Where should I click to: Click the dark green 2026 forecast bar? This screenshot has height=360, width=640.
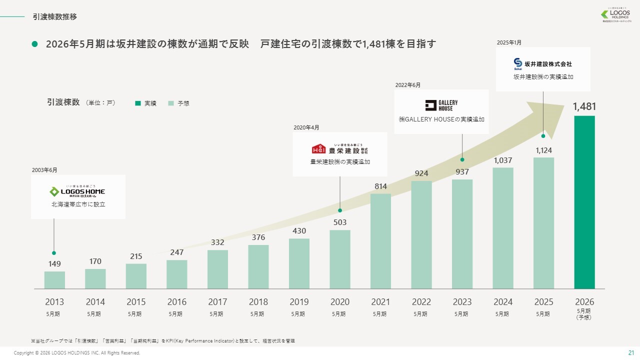[x=584, y=202]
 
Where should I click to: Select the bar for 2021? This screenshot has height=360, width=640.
[x=380, y=241]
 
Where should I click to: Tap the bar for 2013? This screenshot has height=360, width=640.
[x=54, y=280]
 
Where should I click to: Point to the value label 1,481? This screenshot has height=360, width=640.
[x=584, y=106]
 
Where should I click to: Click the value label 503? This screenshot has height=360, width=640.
[x=340, y=222]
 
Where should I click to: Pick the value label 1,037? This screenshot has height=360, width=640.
[x=503, y=160]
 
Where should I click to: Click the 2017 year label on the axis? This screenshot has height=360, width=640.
[x=217, y=302]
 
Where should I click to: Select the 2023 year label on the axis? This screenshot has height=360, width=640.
[x=462, y=302]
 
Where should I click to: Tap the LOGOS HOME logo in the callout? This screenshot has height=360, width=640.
[x=77, y=191]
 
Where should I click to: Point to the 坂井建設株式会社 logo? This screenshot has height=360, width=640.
[x=542, y=63]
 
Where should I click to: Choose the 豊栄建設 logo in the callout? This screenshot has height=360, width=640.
[x=340, y=148]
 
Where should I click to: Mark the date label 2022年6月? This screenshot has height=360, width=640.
[x=407, y=85]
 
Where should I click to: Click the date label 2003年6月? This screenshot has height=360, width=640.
[x=44, y=170]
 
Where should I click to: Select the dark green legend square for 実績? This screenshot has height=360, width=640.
[x=137, y=103]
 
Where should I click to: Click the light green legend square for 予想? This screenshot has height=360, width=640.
[x=171, y=103]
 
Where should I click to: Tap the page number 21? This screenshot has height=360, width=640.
[x=630, y=353]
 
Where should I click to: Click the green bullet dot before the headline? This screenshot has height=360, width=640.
[x=35, y=44]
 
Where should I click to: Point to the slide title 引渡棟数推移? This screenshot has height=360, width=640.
[x=55, y=17]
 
